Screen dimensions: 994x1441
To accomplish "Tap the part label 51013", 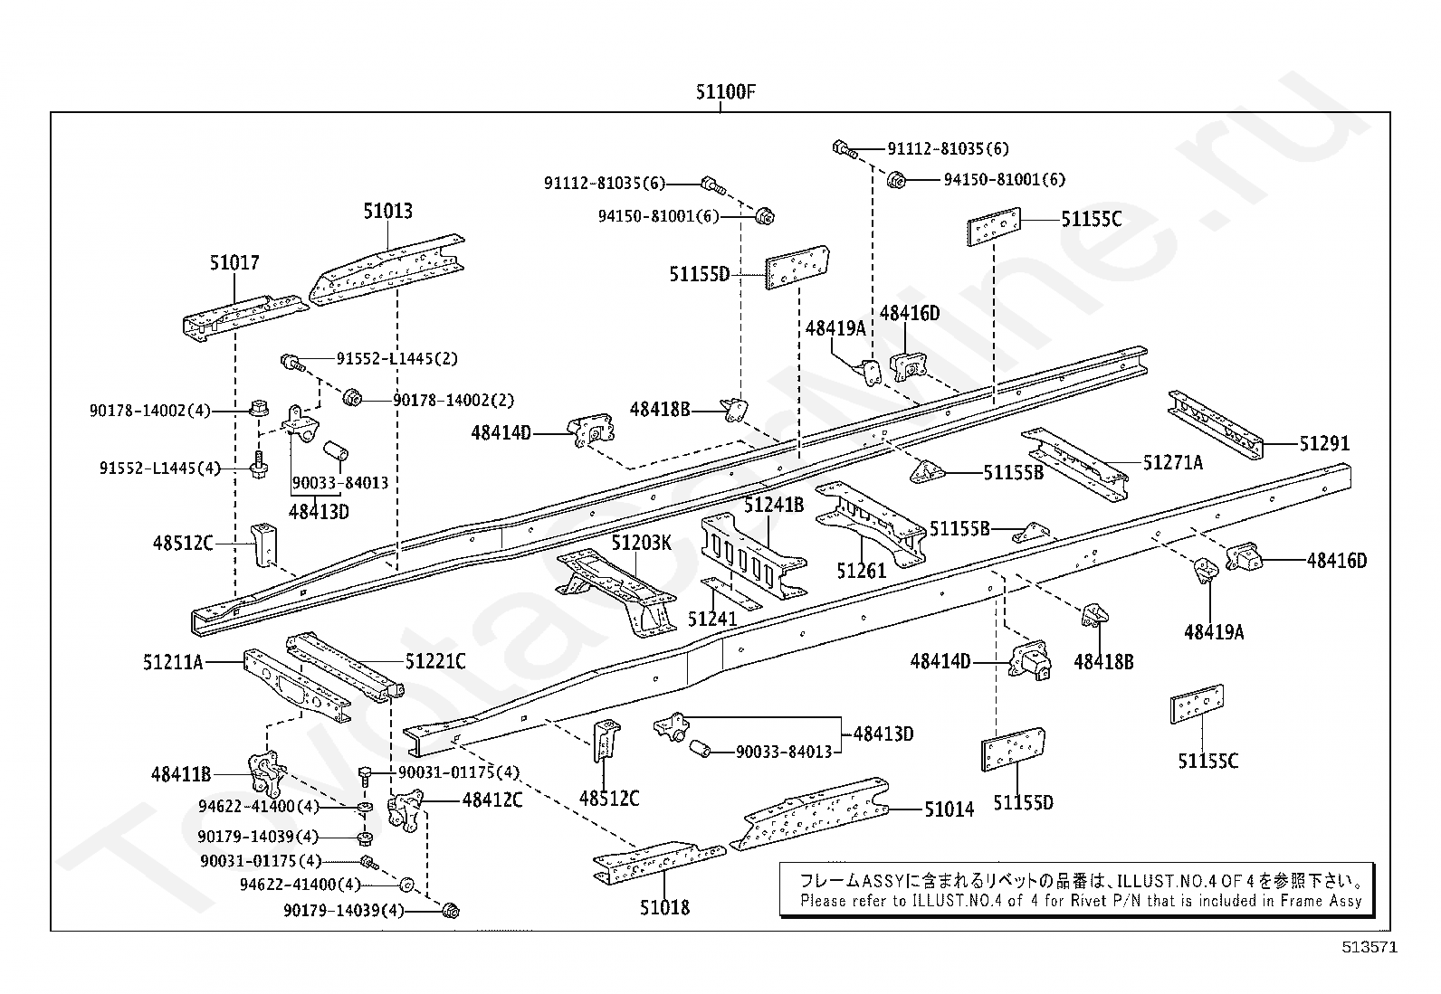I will coord(387,212).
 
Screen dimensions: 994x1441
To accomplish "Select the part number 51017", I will coord(234,263).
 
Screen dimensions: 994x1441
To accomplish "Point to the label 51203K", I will coord(641,543).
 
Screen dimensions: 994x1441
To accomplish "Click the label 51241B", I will coord(774,505).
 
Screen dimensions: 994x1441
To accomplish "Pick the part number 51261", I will coord(861,571).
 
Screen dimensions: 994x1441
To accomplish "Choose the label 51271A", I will coord(1173,463).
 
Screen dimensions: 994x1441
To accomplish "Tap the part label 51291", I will coord(1324,443).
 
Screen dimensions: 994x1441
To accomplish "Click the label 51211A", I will coord(172,662).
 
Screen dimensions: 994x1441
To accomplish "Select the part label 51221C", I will coord(435,662).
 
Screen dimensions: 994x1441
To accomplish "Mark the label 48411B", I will coord(181,774).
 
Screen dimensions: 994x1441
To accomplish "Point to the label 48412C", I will coord(492,800).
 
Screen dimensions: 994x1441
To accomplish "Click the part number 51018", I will coord(664,907).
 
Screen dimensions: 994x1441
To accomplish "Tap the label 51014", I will coord(949,809).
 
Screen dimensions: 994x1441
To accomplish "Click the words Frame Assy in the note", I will coord(1321,901).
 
